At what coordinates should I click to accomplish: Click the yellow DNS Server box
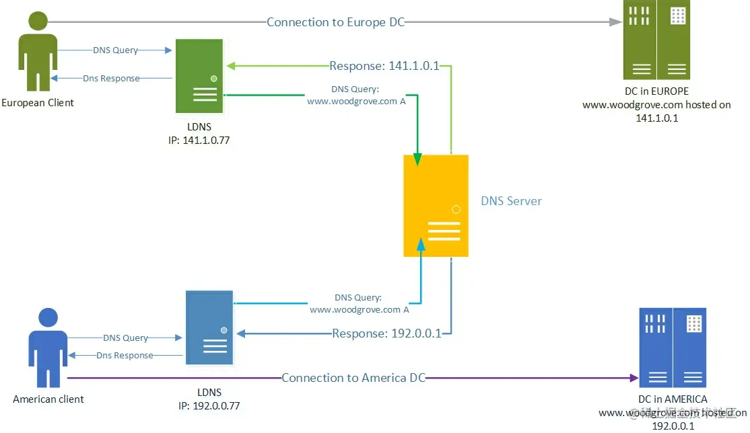pyautogui.click(x=436, y=205)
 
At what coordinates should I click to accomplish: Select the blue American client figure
pyautogui.click(x=47, y=348)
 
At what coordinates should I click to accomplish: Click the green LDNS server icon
pyautogui.click(x=199, y=75)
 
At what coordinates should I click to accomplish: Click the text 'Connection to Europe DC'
pyautogui.click(x=335, y=22)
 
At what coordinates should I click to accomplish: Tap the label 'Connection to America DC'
pyautogui.click(x=353, y=378)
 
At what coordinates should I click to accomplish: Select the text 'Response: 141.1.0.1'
pyautogui.click(x=384, y=66)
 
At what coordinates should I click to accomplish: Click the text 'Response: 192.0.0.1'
pyautogui.click(x=386, y=333)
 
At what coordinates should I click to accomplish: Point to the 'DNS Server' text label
pyautogui.click(x=511, y=201)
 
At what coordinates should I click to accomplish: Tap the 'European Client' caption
pyautogui.click(x=38, y=103)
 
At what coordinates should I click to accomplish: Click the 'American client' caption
pyautogui.click(x=48, y=399)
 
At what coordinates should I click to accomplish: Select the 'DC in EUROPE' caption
pyautogui.click(x=656, y=91)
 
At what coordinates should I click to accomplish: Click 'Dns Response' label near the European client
pyautogui.click(x=111, y=79)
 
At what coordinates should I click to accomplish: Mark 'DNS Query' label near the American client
pyautogui.click(x=125, y=338)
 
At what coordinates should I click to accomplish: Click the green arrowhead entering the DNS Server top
pyautogui.click(x=417, y=159)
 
